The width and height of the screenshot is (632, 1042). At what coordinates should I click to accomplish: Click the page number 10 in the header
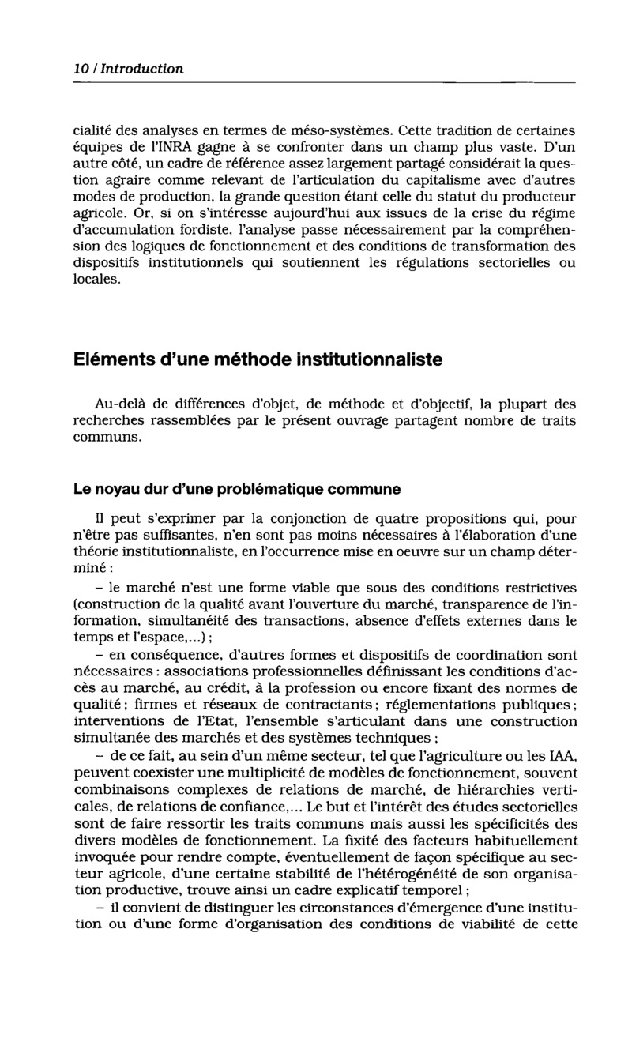coord(80,69)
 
